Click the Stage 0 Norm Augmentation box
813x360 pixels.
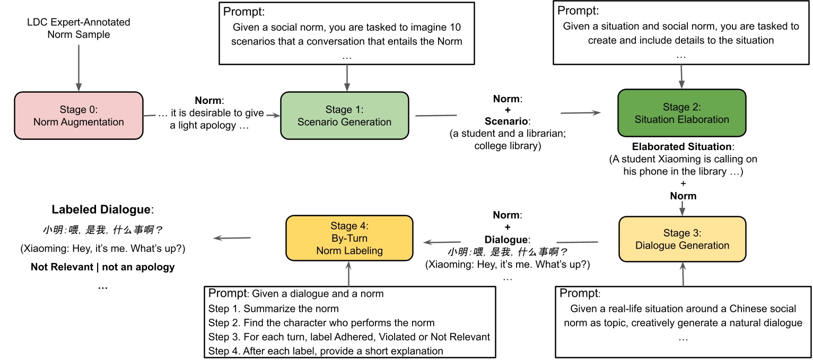point(78,116)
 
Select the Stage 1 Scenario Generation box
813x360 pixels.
point(344,116)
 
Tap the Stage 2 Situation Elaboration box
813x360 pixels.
point(681,113)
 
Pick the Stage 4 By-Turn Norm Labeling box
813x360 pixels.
point(349,238)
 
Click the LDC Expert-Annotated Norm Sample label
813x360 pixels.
point(78,29)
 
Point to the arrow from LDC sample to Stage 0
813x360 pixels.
point(78,66)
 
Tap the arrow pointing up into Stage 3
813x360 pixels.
point(683,273)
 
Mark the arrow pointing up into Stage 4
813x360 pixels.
point(348,273)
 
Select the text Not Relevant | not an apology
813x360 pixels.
point(103,267)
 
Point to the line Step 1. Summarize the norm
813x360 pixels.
point(273,309)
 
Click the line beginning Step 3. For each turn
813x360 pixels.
point(349,337)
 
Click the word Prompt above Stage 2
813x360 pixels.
point(580,11)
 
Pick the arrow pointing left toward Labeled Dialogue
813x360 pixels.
point(232,238)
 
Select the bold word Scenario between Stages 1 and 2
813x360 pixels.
point(506,121)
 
